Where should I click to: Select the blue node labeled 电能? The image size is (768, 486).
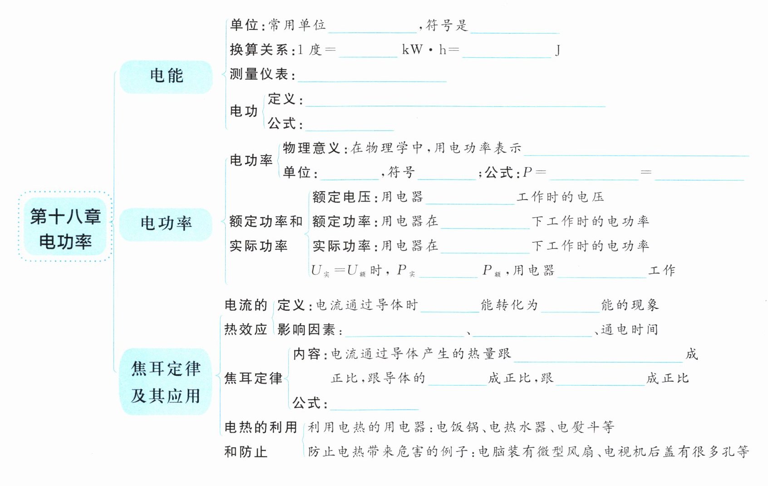[x=166, y=76]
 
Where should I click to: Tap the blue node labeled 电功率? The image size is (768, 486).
[x=166, y=224]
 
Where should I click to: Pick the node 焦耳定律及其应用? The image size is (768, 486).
[x=166, y=382]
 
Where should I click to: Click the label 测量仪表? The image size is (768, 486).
[x=259, y=74]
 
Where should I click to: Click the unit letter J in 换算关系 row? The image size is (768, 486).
[x=558, y=50]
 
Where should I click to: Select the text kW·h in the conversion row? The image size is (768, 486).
[x=424, y=50]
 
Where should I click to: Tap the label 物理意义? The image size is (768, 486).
[x=311, y=148]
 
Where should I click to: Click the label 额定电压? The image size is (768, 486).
[x=342, y=197]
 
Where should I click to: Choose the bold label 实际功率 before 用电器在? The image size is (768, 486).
[x=342, y=246]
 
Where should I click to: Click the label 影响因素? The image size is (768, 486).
[x=306, y=329]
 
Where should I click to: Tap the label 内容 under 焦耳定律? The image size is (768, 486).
[x=307, y=354]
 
